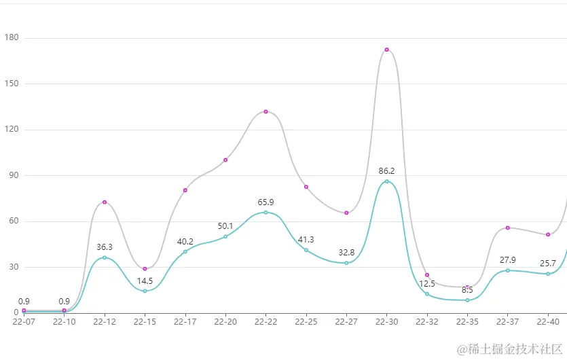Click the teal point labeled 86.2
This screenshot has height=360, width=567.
click(x=387, y=181)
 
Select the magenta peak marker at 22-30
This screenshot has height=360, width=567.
click(x=387, y=50)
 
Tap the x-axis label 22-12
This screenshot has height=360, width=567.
click(x=105, y=321)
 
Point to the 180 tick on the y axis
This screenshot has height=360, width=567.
click(x=12, y=38)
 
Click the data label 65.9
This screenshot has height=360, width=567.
click(x=266, y=202)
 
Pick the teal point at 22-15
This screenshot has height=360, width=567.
click(x=145, y=291)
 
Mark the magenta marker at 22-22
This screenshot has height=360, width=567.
click(x=266, y=111)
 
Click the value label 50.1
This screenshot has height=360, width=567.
click(x=225, y=226)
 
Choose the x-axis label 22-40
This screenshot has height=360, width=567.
click(x=548, y=321)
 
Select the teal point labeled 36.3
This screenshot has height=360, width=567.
click(x=105, y=257)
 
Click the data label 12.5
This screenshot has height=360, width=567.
click(x=427, y=284)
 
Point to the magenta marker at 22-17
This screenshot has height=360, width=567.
click(x=185, y=190)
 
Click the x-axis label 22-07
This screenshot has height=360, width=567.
click(x=24, y=321)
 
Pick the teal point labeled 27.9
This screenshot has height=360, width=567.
click(x=507, y=270)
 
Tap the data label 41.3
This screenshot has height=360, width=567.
click(x=306, y=240)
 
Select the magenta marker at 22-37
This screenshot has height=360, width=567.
click(x=507, y=228)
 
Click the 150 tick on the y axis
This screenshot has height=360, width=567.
click(x=12, y=84)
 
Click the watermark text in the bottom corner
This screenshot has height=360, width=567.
click(x=509, y=350)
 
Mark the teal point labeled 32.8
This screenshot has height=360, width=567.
click(x=346, y=263)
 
